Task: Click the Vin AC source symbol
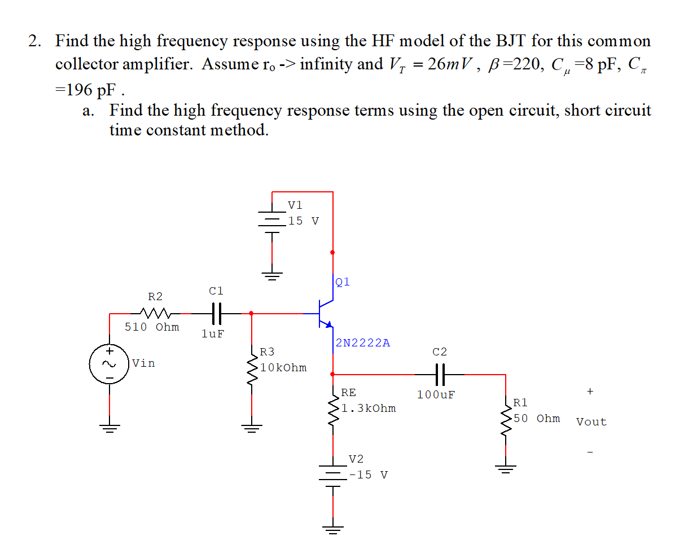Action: (x=109, y=363)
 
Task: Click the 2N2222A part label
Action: (x=362, y=343)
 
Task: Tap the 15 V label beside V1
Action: (x=303, y=221)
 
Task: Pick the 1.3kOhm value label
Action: (x=369, y=408)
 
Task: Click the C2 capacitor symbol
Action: (x=440, y=374)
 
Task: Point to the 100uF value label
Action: (x=436, y=395)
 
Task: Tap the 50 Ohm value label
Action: (x=537, y=419)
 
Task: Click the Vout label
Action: (x=591, y=422)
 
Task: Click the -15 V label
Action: (x=368, y=475)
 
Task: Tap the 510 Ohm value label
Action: (x=152, y=327)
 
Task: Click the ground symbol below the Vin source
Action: (x=109, y=427)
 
